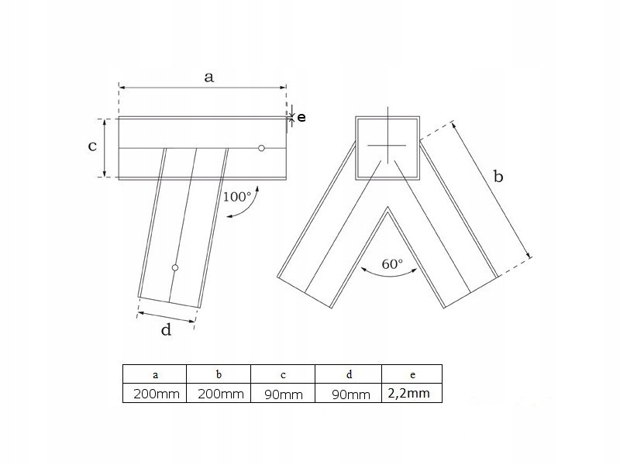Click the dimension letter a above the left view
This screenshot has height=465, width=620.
(208, 77)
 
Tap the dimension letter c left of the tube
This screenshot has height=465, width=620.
(92, 146)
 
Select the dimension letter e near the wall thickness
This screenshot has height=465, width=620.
(301, 118)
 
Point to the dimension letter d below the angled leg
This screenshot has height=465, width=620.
(166, 329)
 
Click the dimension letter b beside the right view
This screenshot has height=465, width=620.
(498, 176)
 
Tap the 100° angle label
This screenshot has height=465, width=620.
(237, 197)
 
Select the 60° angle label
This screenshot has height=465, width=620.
(392, 263)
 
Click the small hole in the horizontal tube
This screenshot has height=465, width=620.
(261, 148)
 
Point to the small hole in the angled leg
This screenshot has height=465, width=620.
(175, 267)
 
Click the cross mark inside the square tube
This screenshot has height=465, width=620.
(387, 145)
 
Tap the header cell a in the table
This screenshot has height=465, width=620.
(155, 374)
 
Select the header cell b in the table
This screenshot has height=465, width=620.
(219, 374)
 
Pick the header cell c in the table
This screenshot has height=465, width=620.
(283, 374)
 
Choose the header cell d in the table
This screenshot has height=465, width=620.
(349, 374)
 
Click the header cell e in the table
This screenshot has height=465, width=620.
(412, 374)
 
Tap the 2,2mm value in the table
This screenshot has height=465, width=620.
(409, 393)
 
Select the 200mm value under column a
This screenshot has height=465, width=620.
(157, 394)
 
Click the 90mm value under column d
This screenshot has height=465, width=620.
(351, 394)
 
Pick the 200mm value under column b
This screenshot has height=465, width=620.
(221, 394)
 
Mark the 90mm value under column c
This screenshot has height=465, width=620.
(284, 394)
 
